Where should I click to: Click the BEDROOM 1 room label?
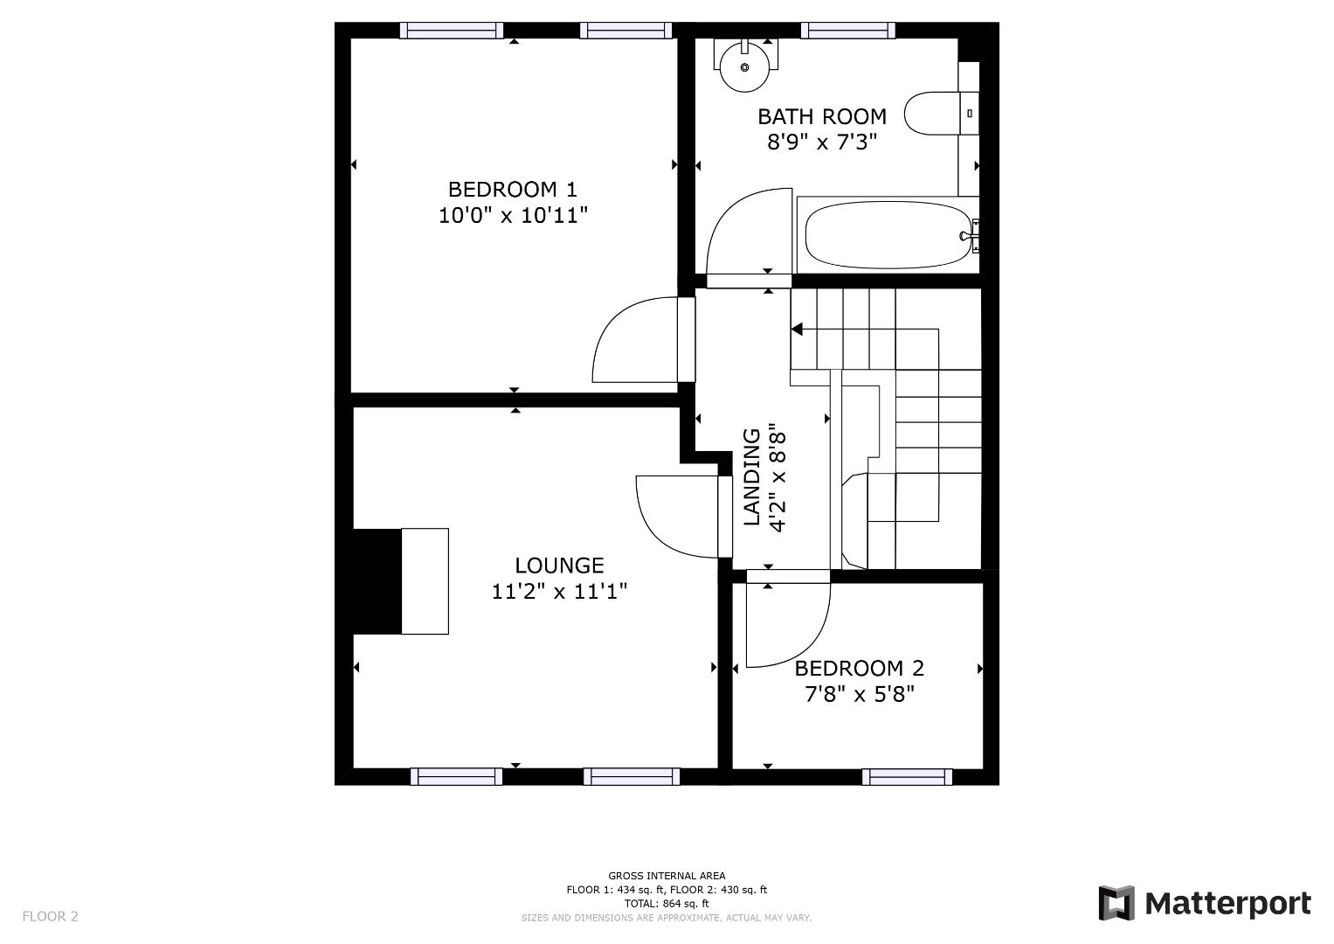tap(512, 190)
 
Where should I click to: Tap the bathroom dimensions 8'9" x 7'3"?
tap(822, 142)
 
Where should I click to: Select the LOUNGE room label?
tap(559, 565)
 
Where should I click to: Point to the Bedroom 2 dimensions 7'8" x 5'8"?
tap(860, 694)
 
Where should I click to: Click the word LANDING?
tap(752, 476)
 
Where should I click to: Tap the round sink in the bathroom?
tap(744, 66)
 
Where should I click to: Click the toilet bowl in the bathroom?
tap(933, 114)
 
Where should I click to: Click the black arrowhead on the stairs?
tap(797, 329)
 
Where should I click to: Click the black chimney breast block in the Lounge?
tap(377, 581)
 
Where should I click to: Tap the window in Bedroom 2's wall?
tap(907, 776)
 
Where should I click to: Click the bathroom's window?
tap(848, 31)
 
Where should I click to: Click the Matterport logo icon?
tap(1116, 903)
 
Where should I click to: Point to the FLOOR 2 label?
tap(50, 916)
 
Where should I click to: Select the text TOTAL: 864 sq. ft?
tap(667, 904)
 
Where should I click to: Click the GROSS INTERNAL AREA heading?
tap(667, 876)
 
